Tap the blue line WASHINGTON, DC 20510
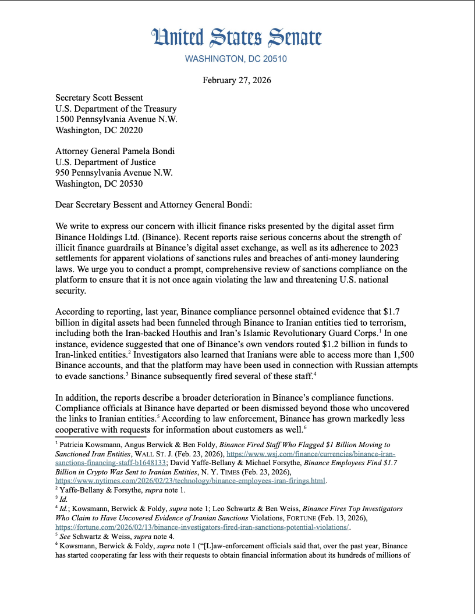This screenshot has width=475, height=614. point(236,59)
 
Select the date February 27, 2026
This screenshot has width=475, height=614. point(237,80)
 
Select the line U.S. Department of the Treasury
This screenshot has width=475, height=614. point(116,109)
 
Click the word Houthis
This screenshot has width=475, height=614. point(196,333)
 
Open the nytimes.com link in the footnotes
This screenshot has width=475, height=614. point(190,481)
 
